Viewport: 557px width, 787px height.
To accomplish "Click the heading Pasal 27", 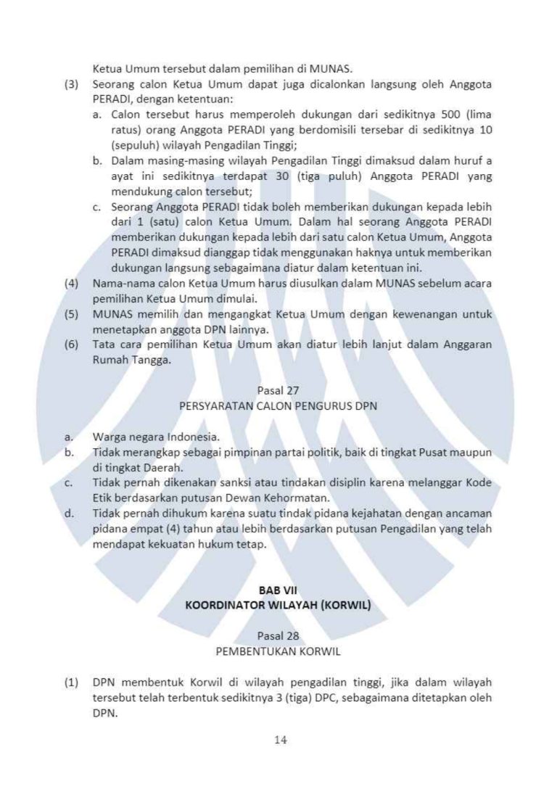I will (278, 392).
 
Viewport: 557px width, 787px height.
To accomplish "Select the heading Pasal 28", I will (278, 636).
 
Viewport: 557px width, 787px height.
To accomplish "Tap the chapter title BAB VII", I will (278, 590).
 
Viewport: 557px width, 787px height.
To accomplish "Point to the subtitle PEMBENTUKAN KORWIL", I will (278, 651).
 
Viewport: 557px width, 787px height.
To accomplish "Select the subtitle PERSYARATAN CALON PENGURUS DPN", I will (278, 406).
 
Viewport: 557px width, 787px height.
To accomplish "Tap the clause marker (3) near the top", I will (71, 85).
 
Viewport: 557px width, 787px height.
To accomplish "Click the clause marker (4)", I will (71, 284).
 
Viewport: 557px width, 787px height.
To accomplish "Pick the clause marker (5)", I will (71, 314).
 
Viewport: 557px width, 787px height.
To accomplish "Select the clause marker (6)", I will (71, 345).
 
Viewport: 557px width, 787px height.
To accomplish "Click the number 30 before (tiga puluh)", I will (283, 176).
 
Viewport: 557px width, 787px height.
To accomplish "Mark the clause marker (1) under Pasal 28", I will (71, 682).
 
